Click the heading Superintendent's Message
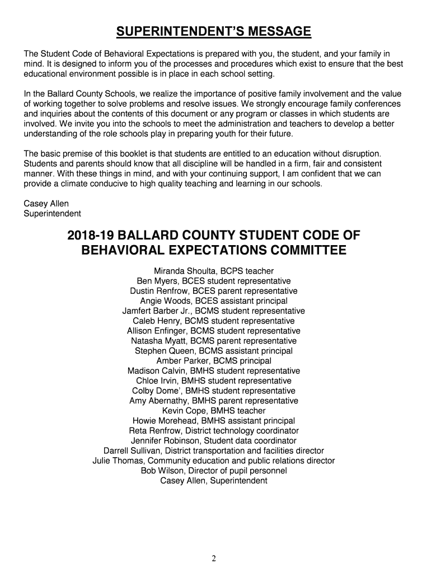(213, 31)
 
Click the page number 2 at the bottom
(214, 558)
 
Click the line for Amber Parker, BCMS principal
(213, 361)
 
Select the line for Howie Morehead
(213, 421)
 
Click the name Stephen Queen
(161, 351)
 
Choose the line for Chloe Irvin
(213, 381)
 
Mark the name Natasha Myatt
(159, 341)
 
